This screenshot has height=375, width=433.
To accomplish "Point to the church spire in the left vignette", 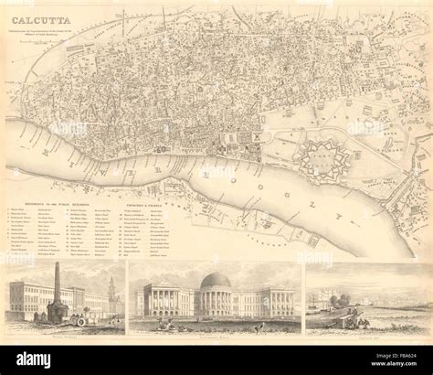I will pos(111,293).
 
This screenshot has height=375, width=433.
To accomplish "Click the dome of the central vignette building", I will pos(215,280).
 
